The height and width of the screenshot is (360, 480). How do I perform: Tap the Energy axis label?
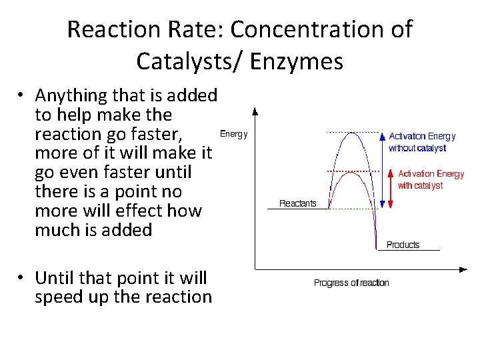[233, 134]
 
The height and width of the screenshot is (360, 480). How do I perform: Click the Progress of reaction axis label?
[351, 283]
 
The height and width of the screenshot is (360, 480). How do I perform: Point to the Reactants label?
[297, 203]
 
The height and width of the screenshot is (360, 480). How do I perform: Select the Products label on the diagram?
[403, 245]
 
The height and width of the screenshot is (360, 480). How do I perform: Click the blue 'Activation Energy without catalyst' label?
[422, 142]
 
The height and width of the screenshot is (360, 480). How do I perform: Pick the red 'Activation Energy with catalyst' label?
[431, 179]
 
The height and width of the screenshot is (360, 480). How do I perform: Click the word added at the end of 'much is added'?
[129, 230]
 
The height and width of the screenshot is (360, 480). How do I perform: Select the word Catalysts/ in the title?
[175, 61]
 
